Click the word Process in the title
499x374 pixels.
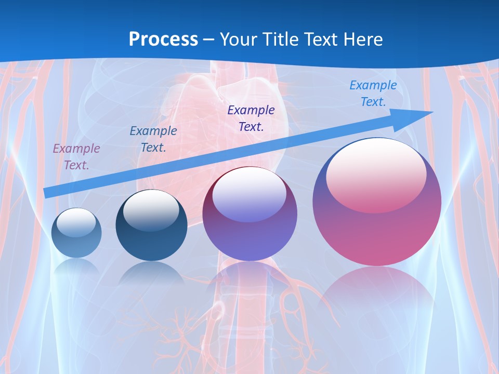click(x=163, y=39)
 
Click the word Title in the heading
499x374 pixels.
click(x=280, y=39)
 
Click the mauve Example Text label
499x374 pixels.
click(x=76, y=157)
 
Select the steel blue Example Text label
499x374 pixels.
click(x=153, y=139)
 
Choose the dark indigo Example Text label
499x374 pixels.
click(x=251, y=118)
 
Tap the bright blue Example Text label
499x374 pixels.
click(x=373, y=94)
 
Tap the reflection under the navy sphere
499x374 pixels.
click(x=151, y=273)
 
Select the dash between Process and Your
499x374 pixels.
click(x=209, y=39)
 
